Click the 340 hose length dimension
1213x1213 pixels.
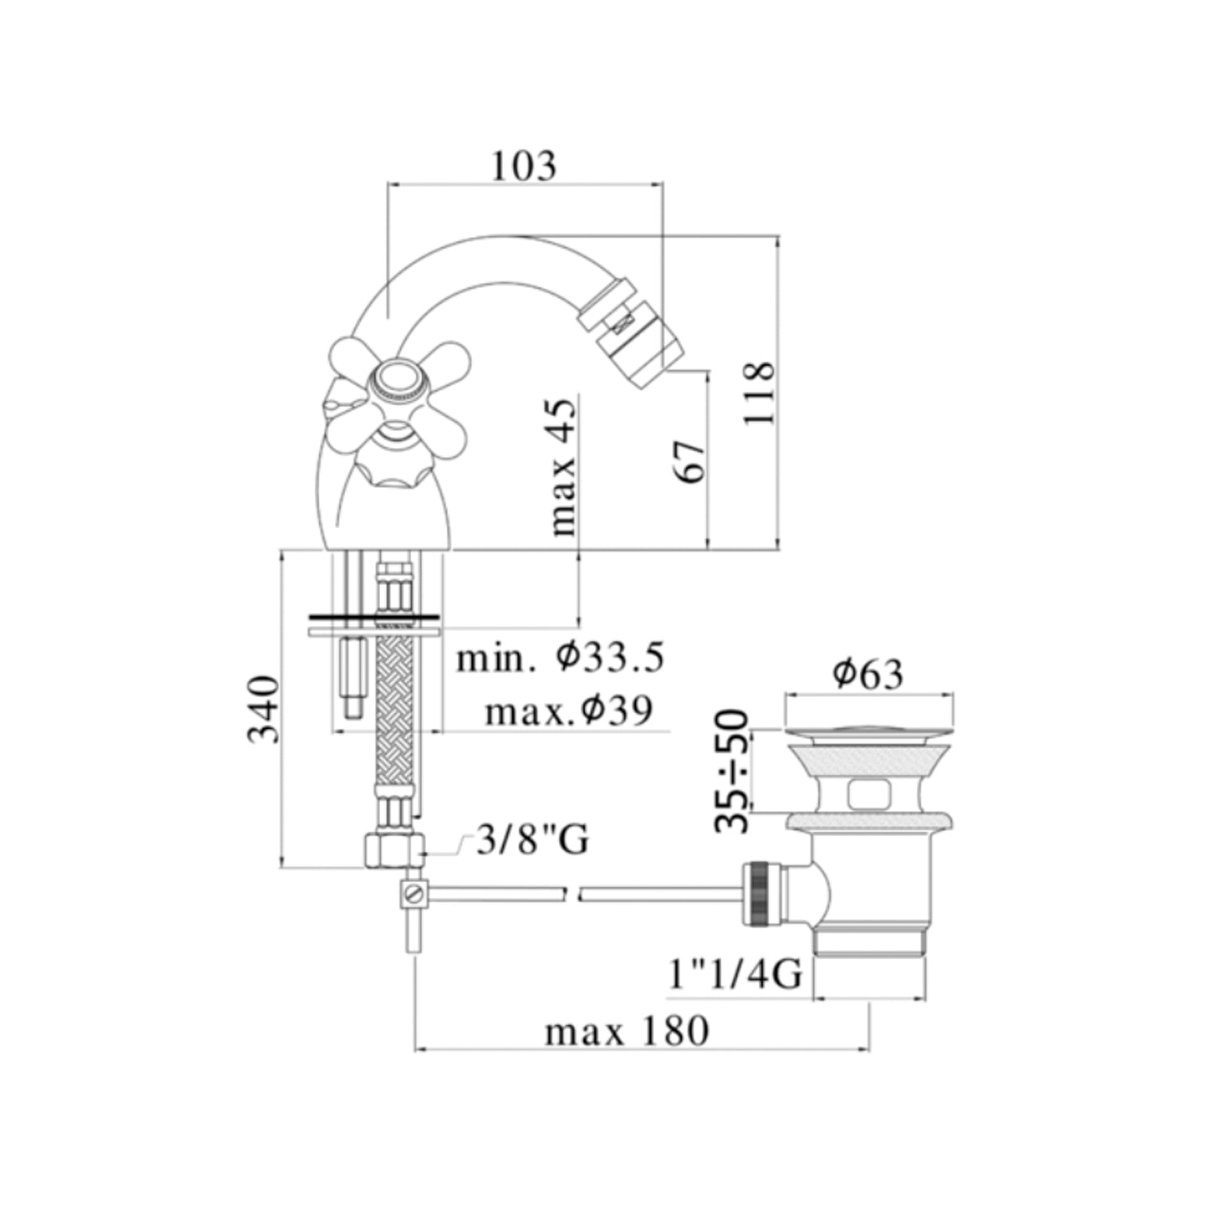click(264, 709)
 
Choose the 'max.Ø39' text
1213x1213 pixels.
click(568, 712)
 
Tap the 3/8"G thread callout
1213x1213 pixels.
click(532, 841)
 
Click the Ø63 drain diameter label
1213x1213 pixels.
click(868, 674)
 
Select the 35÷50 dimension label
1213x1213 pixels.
click(733, 770)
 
